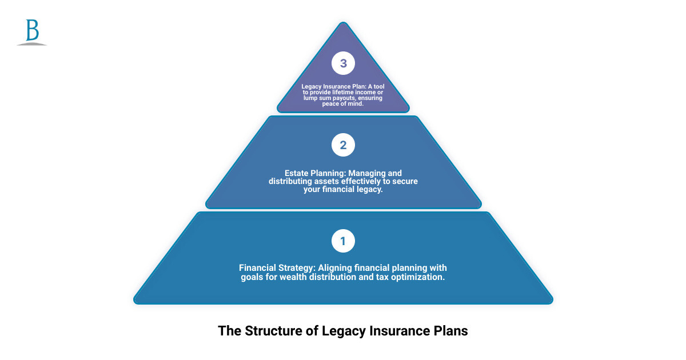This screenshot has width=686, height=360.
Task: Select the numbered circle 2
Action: (343, 145)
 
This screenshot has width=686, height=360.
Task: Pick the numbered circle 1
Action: (343, 241)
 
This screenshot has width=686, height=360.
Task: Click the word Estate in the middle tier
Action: (297, 173)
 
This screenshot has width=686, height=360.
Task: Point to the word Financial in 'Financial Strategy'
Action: (258, 268)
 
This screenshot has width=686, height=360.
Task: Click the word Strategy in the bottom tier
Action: (298, 268)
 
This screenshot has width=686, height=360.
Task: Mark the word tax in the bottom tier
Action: (382, 277)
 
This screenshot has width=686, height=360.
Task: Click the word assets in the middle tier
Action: (324, 181)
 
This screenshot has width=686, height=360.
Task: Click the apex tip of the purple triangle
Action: (343, 23)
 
